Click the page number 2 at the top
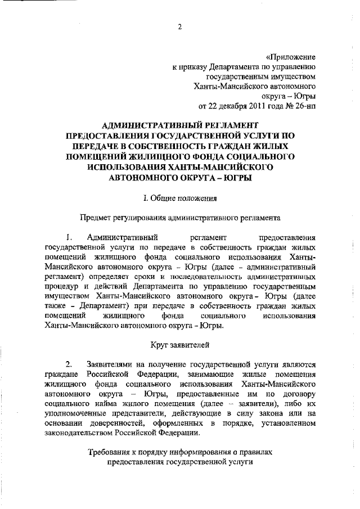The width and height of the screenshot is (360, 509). tap(181, 25)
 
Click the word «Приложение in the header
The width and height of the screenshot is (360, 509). tap(290, 57)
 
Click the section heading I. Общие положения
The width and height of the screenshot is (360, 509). tap(180, 197)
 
